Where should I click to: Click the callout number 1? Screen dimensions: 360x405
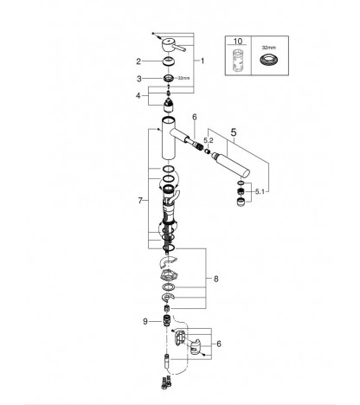[202, 61]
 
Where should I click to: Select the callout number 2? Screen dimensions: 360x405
[138, 61]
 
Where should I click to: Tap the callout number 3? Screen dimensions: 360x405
[139, 79]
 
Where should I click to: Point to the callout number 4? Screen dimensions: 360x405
[138, 95]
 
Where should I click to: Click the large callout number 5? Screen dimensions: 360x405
[234, 132]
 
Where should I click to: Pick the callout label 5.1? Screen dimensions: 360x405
[260, 191]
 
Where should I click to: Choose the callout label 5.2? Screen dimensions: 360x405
[209, 140]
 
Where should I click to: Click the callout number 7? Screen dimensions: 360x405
[140, 200]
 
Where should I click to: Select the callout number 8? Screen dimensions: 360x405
[216, 279]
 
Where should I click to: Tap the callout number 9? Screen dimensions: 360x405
[145, 321]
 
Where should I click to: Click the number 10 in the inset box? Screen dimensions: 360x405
[238, 42]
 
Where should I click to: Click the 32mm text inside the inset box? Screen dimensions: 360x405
[269, 47]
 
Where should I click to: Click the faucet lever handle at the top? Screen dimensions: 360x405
[172, 45]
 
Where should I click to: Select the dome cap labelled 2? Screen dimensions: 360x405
[169, 61]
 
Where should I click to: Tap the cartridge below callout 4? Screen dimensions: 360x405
[169, 106]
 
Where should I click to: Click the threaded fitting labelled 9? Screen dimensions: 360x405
[166, 320]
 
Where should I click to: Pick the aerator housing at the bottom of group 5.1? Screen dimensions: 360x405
[241, 202]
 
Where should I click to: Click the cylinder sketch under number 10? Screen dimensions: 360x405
[238, 61]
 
